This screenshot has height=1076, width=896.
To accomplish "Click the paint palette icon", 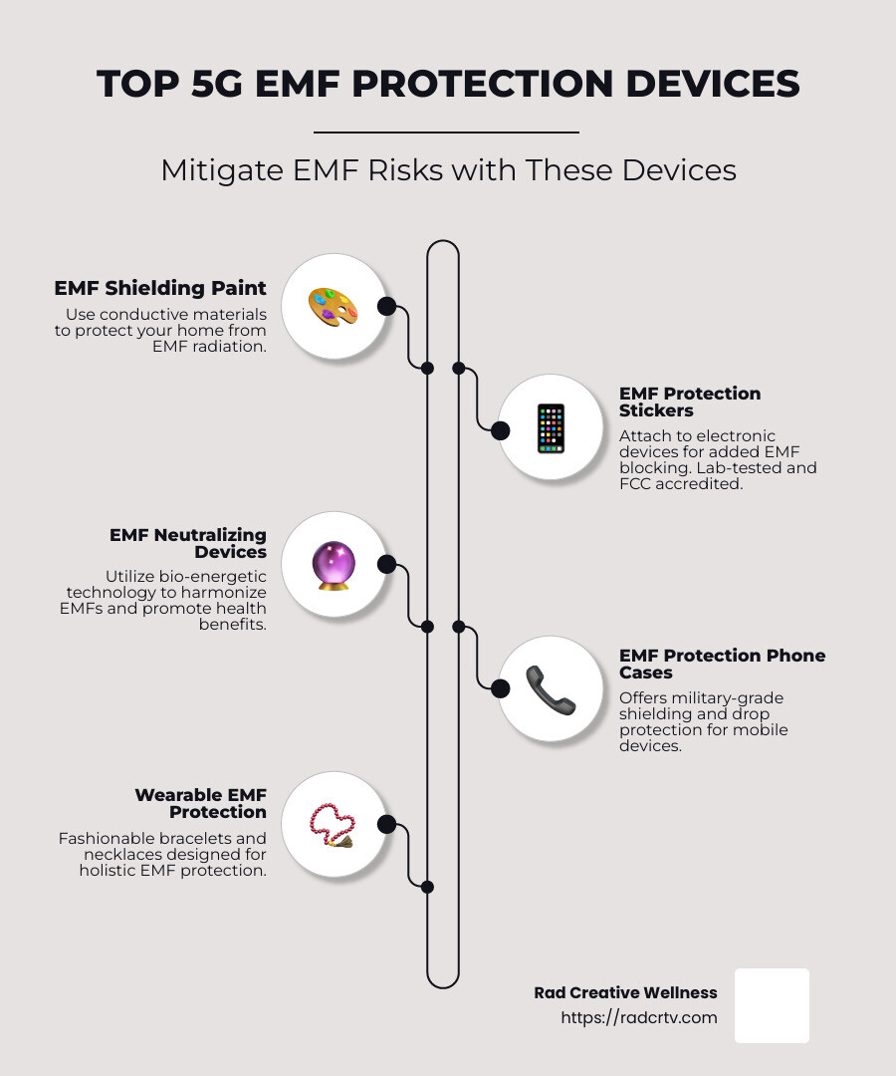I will [x=334, y=306].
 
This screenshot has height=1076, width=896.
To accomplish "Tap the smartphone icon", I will [x=551, y=428].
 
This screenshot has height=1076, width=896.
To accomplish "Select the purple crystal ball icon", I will [x=334, y=565].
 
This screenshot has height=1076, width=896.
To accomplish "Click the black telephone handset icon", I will [x=551, y=688].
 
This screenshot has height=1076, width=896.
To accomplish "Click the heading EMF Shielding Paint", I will [x=160, y=288].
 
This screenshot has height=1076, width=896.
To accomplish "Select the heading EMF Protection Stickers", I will [x=690, y=402].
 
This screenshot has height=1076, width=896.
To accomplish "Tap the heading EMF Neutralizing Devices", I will [x=188, y=543].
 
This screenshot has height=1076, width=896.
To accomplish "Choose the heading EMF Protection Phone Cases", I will [x=722, y=664].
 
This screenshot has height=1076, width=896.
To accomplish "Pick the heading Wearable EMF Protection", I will [x=201, y=803].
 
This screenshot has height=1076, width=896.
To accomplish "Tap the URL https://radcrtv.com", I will [x=639, y=1017].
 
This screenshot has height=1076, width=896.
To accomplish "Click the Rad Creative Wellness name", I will [x=625, y=992].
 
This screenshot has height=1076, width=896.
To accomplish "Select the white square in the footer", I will [x=772, y=1005].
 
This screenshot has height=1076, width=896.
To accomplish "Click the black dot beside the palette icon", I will [x=387, y=306].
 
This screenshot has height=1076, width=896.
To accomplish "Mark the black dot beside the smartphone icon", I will [x=500, y=430].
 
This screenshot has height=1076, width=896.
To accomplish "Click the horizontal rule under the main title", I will [x=446, y=132].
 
